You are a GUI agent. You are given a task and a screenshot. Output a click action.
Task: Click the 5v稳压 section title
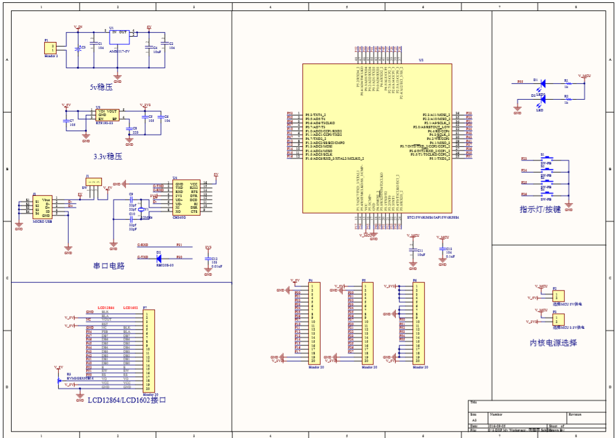tap(101, 87)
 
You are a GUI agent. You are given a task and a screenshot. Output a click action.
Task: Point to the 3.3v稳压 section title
tap(107, 157)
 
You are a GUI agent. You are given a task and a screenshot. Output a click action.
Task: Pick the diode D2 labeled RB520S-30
tap(159, 257)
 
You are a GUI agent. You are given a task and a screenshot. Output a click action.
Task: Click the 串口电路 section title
tap(109, 266)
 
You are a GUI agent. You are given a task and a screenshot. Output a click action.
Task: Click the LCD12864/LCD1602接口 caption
tap(126, 401)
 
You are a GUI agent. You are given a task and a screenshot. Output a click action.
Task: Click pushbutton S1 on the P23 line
tap(547, 159)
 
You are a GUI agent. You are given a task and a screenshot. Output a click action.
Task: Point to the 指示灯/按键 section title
tap(540, 209)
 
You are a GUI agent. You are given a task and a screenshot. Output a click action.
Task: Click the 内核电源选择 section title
tap(554, 343)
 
